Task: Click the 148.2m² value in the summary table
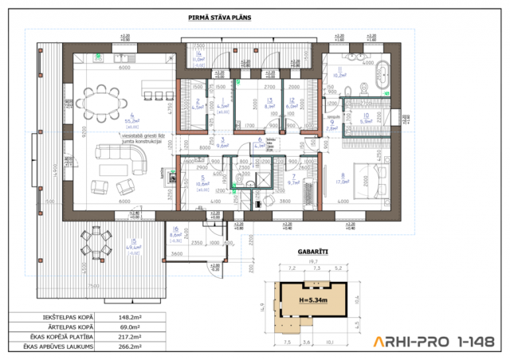click(128, 316)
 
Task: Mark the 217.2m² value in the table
click(128, 337)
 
